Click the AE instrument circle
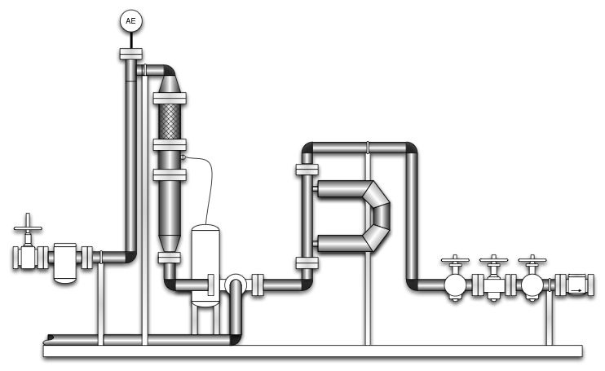(130, 20)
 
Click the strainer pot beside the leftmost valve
(64, 261)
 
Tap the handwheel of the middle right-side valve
(493, 263)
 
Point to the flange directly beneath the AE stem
(130, 55)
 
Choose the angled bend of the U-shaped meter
(378, 216)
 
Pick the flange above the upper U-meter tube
(306, 170)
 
